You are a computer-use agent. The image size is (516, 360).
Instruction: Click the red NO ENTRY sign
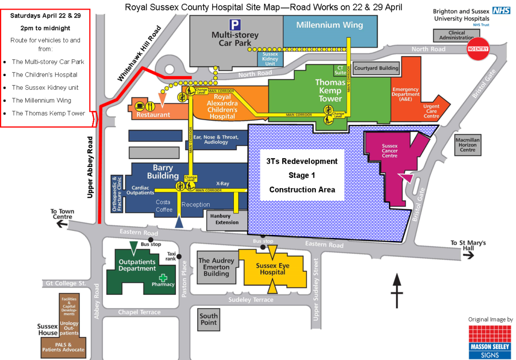478,49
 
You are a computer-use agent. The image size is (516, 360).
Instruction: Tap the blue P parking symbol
235,25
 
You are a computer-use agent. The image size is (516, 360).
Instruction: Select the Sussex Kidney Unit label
271,58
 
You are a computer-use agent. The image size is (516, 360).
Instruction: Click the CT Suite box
341,70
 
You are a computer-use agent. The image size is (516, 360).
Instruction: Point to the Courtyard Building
376,68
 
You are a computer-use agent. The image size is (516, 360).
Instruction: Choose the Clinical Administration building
456,35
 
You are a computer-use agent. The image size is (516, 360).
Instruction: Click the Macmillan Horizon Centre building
468,144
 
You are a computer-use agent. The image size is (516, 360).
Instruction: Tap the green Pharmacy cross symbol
163,278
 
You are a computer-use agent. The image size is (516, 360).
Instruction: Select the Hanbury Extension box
227,219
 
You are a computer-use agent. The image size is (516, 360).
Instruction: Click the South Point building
209,319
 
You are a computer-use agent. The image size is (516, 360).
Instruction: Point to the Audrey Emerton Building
217,267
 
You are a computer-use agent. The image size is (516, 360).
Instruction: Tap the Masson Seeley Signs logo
489,342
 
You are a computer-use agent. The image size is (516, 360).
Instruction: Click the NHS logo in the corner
501,11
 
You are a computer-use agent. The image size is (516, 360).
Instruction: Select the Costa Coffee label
164,206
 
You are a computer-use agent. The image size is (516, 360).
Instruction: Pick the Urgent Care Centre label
431,111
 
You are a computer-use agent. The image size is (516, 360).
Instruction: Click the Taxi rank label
171,256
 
